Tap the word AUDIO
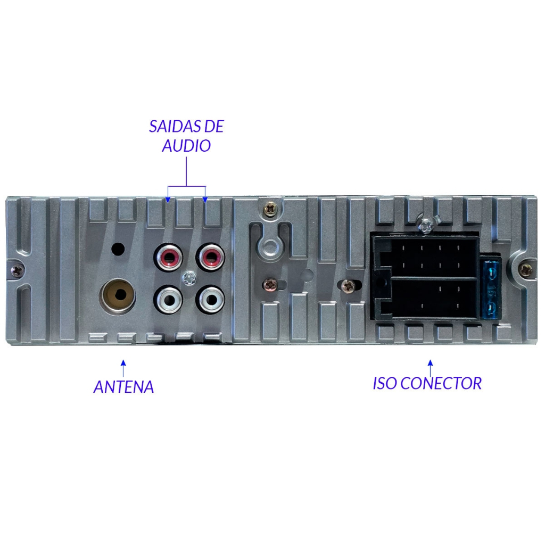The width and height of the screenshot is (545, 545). click(186, 146)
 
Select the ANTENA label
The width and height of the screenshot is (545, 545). click(123, 387)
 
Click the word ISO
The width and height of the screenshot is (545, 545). click(384, 383)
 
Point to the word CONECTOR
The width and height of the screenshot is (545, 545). click(441, 383)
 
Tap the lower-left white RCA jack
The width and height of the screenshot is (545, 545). click(169, 299)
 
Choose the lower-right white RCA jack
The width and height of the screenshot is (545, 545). click(210, 299)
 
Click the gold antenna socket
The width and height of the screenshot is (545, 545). click(118, 295)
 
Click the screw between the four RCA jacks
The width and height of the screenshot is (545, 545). click(189, 278)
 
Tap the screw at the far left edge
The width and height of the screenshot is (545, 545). click(17, 270)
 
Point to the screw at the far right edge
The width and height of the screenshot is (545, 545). click(525, 270)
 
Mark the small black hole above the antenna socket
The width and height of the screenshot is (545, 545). click(118, 249)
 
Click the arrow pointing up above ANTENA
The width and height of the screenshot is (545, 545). click(123, 368)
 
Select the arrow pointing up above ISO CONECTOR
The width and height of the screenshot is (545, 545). click(430, 368)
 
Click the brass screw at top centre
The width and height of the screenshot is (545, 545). click(270, 210)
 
